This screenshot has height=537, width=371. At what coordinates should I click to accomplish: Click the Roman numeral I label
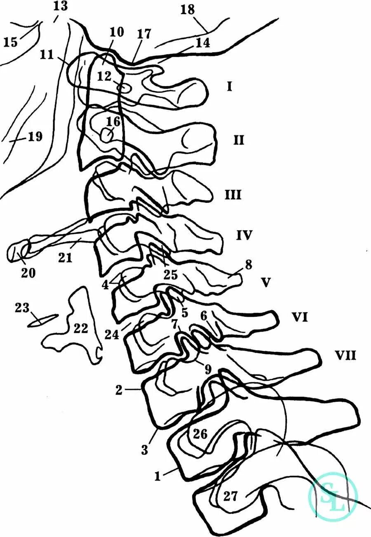tap(230, 87)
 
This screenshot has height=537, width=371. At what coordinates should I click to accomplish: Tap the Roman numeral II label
tap(239, 140)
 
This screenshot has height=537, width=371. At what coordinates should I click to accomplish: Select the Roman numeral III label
tap(233, 194)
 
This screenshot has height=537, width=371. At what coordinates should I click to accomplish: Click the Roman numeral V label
tap(266, 283)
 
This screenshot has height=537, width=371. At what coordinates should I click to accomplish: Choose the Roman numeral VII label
tap(345, 355)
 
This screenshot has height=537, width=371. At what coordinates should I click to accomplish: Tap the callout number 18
tap(188, 9)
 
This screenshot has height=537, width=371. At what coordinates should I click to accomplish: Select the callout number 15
tap(11, 42)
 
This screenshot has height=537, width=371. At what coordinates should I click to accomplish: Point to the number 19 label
tap(35, 136)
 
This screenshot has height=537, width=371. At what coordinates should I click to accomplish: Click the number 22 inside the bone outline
tap(81, 328)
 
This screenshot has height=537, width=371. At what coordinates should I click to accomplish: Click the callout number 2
tap(119, 390)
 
